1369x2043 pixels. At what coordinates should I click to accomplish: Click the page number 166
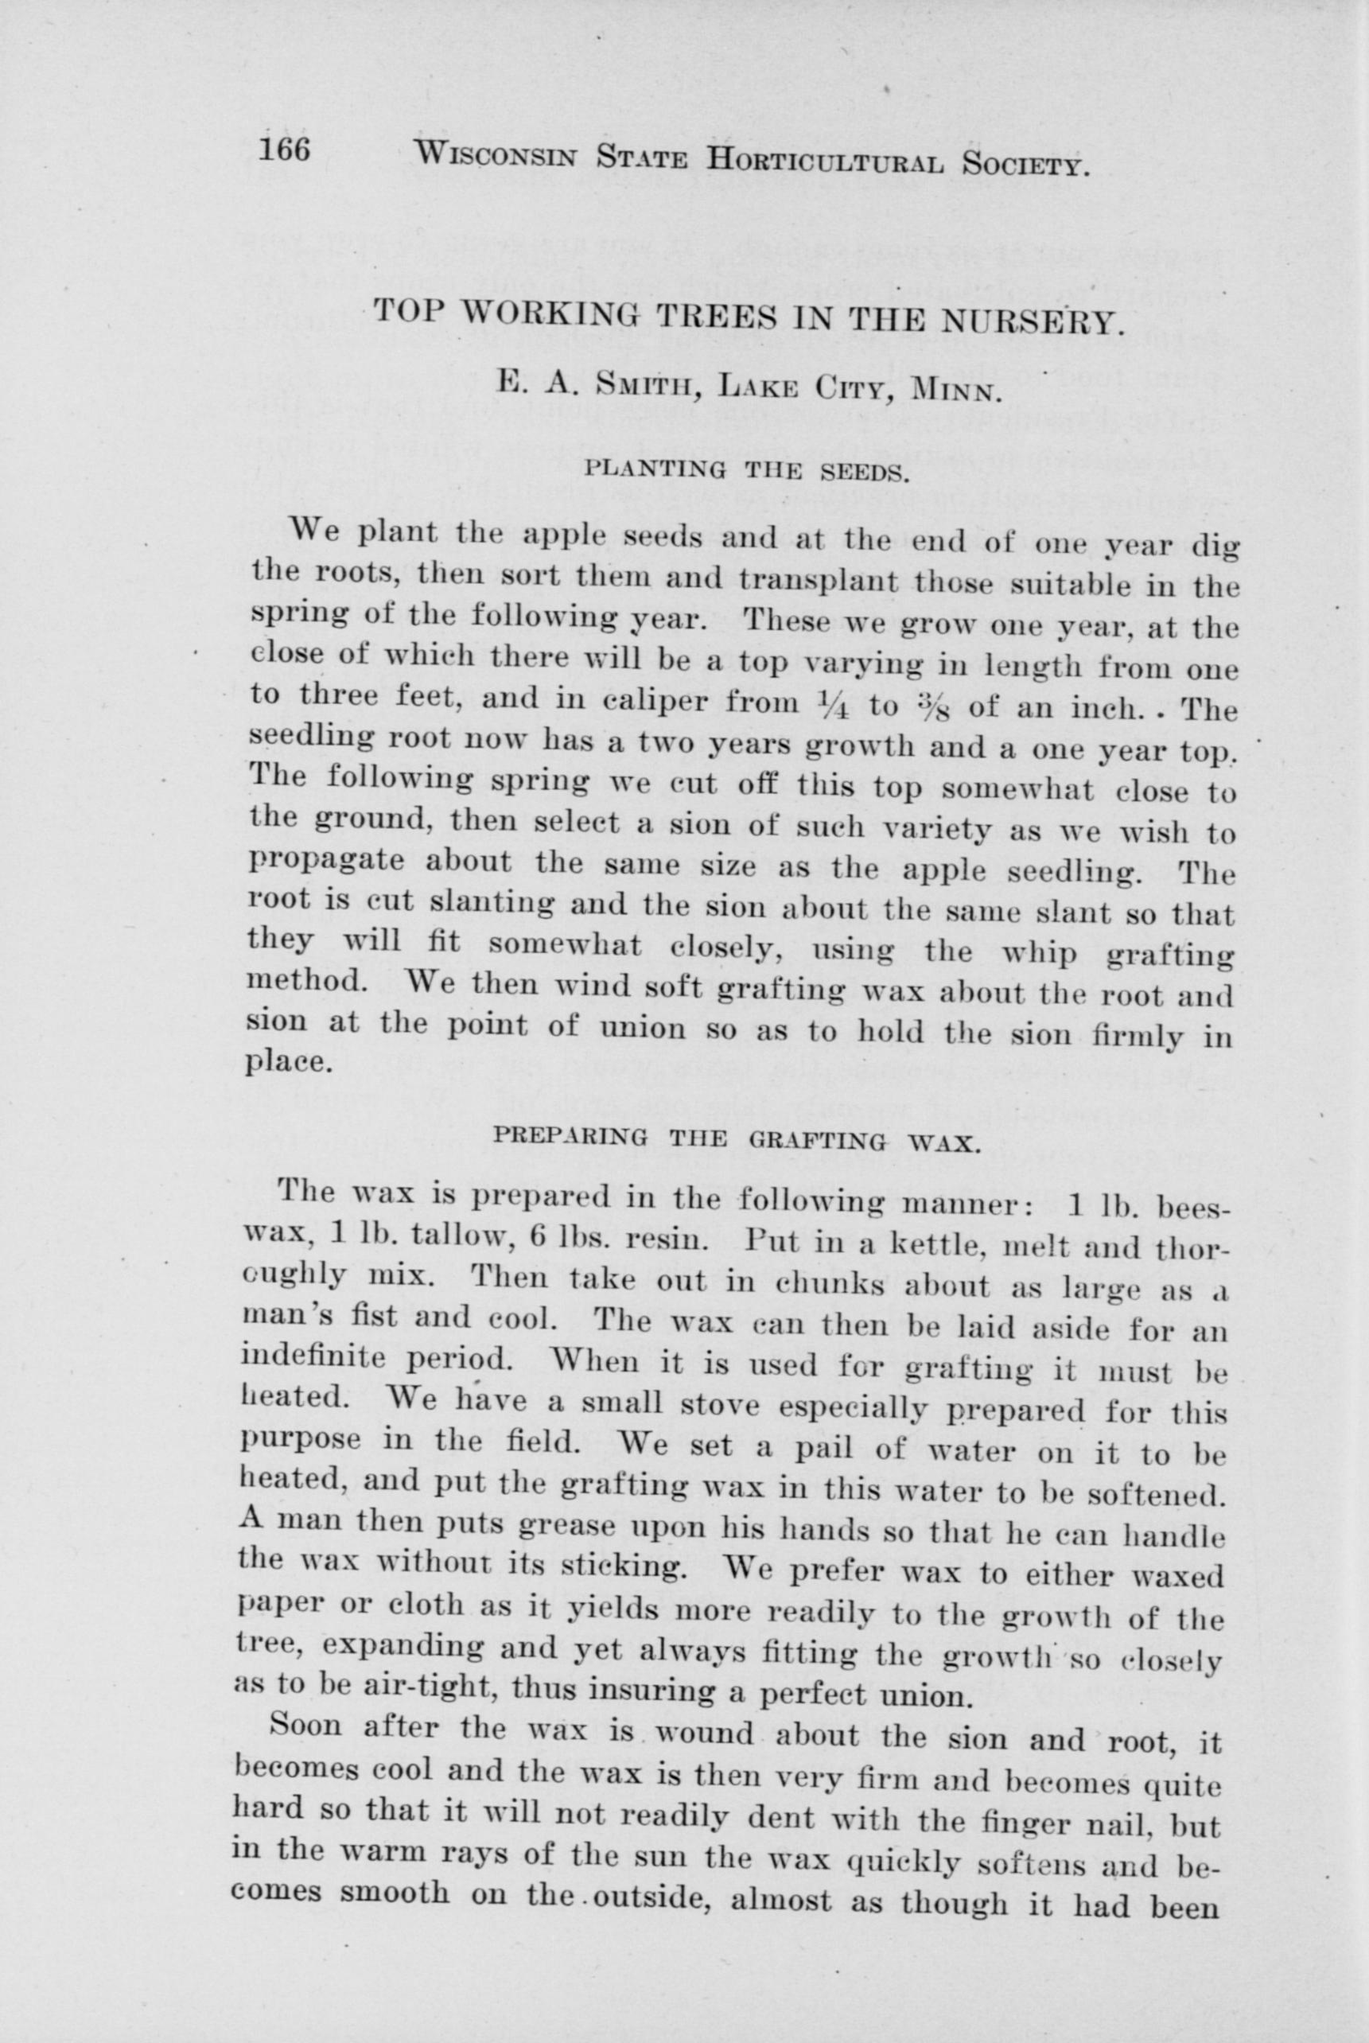click(x=284, y=150)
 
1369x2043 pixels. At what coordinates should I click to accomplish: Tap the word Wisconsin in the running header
click(x=495, y=158)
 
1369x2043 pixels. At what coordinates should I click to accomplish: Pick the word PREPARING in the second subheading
click(x=570, y=1138)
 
